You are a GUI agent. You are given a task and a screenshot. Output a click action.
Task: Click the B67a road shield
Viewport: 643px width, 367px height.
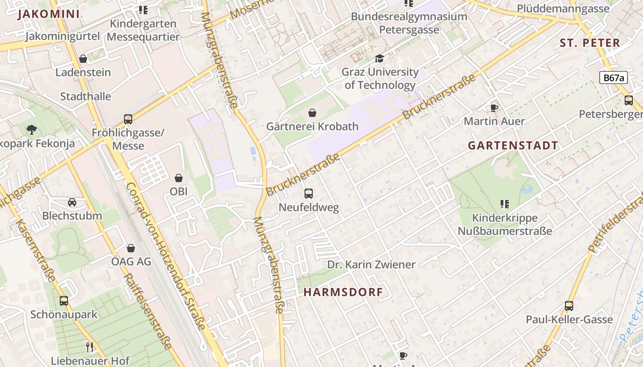[613, 78]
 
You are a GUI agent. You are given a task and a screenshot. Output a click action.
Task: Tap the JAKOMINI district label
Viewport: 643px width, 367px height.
[49, 14]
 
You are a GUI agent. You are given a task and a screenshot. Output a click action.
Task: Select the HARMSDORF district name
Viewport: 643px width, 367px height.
[343, 292]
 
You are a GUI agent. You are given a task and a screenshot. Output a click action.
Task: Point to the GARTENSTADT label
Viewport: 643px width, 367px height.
[513, 145]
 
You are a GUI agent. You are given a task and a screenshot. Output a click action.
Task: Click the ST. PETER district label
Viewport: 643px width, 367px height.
[590, 43]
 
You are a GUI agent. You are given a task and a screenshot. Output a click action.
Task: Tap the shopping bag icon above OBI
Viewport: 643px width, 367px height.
[179, 178]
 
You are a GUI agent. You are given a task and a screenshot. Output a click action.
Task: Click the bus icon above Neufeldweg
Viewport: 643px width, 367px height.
[309, 194]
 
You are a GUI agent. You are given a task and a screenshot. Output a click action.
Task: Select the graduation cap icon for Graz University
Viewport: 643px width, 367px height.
[379, 58]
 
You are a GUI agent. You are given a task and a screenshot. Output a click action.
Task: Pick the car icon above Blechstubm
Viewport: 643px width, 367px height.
[72, 202]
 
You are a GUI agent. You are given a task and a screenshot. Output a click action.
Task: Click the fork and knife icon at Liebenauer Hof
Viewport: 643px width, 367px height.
[90, 347]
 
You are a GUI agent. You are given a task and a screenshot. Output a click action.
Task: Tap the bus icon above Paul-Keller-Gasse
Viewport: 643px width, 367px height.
[569, 306]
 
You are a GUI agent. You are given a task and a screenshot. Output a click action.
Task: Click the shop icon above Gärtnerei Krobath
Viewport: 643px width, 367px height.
[312, 113]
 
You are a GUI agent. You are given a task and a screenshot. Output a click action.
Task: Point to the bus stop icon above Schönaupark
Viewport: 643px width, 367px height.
[64, 301]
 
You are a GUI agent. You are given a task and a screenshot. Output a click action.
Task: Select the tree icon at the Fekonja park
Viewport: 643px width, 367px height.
[31, 130]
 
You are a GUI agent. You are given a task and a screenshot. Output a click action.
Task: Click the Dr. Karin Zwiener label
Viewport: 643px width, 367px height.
[371, 265]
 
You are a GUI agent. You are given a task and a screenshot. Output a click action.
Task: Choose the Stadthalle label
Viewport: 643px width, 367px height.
[85, 96]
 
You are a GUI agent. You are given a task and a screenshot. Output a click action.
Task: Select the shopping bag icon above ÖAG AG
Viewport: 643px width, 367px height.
[131, 248]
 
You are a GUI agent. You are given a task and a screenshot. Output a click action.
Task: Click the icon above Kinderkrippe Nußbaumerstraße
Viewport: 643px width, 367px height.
[505, 204]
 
